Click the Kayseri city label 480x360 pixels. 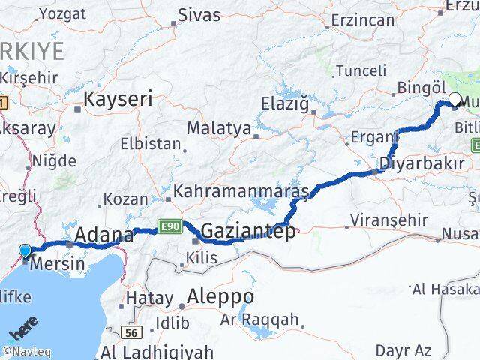118,98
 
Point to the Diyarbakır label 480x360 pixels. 422,163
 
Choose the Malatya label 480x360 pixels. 219,128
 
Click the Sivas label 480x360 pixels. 199,15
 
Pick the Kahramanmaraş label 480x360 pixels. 241,193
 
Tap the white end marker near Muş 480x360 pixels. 454,98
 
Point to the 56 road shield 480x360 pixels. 134,331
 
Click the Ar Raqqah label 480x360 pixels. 260,321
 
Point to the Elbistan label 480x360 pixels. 151,144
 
